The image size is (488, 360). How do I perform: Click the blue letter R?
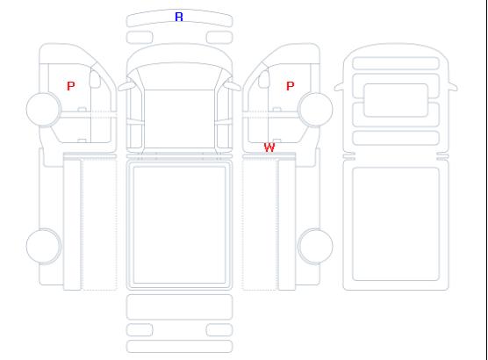179,17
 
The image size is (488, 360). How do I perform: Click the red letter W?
269,148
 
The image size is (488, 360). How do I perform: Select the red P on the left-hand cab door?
71,86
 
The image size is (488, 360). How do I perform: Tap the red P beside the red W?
290,86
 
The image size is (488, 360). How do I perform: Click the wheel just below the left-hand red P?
44,109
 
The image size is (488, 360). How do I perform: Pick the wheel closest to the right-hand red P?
315,109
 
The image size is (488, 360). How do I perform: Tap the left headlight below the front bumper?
140,38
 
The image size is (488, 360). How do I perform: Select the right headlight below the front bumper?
219,38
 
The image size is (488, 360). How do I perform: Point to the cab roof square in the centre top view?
179,119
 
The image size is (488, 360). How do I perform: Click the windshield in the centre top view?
179,76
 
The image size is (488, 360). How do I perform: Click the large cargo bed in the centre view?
179,225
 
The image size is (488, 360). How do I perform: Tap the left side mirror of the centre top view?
126,86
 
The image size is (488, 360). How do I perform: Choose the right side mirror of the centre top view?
233,86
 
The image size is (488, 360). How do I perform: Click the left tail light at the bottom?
140,330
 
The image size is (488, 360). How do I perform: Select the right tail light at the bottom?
219,330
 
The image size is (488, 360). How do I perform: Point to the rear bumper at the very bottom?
179,347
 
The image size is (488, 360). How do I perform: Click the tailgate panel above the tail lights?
179,307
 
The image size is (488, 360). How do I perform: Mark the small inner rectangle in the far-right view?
396,100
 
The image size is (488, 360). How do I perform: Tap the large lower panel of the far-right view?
396,224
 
